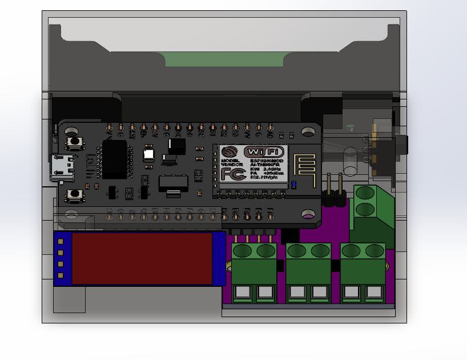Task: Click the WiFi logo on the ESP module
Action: pos(263,151)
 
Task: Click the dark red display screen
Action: pos(142,258)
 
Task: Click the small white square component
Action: pos(148,154)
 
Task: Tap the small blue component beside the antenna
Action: pos(294,185)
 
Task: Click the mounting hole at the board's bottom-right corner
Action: pos(308,214)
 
